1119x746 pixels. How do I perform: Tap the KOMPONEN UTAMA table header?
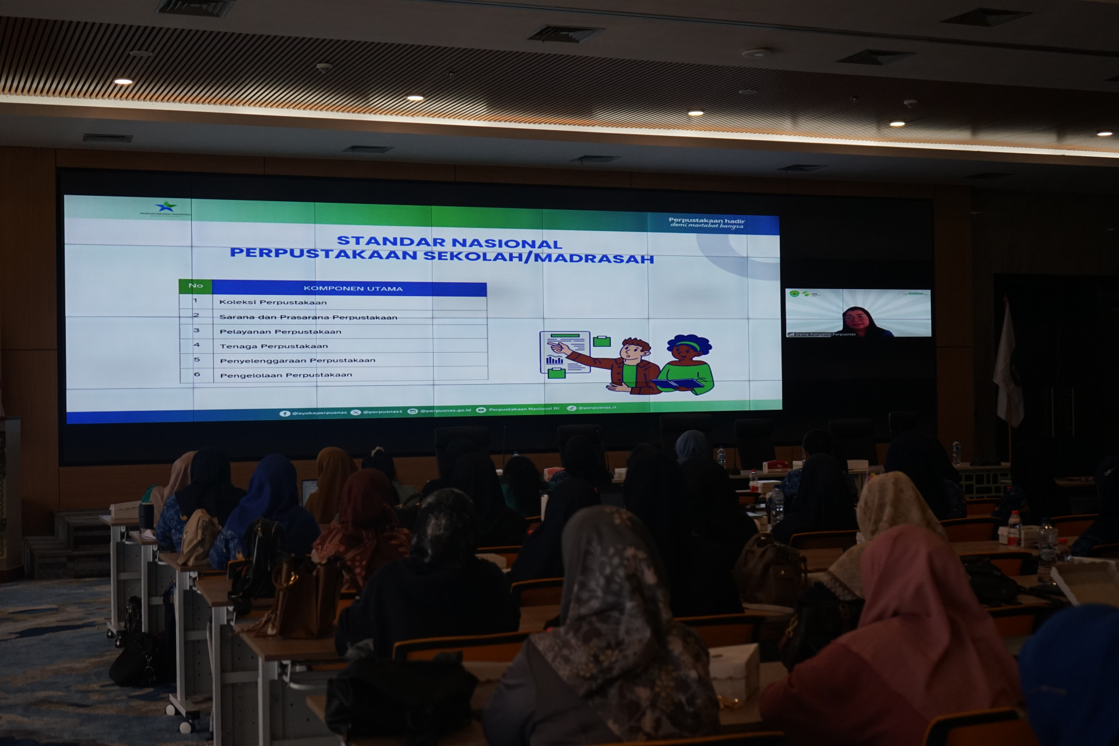(353, 288)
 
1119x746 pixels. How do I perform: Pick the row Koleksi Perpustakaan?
(273, 302)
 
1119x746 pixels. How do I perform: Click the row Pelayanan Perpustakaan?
(280, 332)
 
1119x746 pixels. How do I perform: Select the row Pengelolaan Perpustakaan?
(286, 375)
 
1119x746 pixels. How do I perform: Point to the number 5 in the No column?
(196, 360)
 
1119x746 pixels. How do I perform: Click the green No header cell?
(196, 286)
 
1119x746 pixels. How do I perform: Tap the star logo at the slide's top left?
(166, 207)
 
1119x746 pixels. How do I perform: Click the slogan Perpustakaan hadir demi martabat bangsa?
(706, 223)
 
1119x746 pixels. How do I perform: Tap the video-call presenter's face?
(856, 319)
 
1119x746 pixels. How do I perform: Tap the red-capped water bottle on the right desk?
(1015, 527)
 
